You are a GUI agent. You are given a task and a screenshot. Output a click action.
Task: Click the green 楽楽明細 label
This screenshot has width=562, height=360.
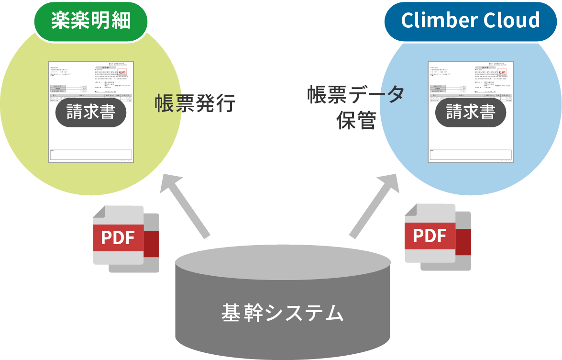pos(90,20)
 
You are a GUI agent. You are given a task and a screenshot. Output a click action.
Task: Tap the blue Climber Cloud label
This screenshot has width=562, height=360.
pos(471,21)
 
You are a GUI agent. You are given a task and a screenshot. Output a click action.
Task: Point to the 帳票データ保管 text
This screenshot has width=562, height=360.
pos(355,107)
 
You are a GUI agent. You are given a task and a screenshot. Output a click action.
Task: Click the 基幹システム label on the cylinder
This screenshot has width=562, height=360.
pos(282,313)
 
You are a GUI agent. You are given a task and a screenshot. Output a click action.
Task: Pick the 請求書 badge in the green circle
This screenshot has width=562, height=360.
pos(91,112)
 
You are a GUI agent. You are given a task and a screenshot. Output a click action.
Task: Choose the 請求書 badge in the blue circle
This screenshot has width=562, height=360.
pos(471,112)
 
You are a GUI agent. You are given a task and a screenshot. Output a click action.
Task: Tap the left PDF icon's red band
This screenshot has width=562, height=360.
pos(118,237)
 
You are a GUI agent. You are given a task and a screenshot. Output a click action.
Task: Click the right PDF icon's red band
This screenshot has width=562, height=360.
pos(430,236)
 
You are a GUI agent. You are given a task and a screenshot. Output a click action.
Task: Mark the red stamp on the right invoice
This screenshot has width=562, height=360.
pos(502,73)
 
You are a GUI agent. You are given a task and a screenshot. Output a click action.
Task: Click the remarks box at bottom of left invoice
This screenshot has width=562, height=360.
pos(91,155)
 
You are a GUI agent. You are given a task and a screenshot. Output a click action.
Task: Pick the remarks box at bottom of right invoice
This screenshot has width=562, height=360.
pos(471,155)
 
